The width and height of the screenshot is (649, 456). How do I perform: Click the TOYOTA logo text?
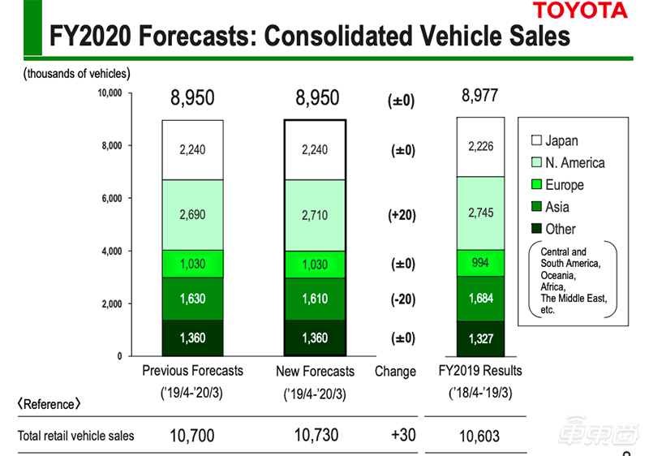(579, 11)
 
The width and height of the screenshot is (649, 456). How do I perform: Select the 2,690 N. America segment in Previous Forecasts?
(191, 215)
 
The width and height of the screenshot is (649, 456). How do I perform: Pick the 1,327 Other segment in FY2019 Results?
(480, 338)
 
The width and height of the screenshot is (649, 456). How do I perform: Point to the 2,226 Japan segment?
(480, 147)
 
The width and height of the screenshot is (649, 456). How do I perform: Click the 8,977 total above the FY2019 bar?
(479, 96)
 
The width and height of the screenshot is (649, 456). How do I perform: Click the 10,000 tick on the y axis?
(110, 93)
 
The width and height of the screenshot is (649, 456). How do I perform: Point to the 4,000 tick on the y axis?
(112, 251)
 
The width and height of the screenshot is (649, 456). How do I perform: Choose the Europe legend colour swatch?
(535, 185)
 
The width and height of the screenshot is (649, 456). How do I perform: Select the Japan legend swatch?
(535, 141)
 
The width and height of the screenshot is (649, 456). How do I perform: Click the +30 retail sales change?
(403, 435)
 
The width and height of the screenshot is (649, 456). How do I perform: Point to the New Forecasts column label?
(316, 372)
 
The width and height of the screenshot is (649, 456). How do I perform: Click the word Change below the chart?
(395, 372)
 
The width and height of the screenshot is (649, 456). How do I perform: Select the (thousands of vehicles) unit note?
(76, 74)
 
